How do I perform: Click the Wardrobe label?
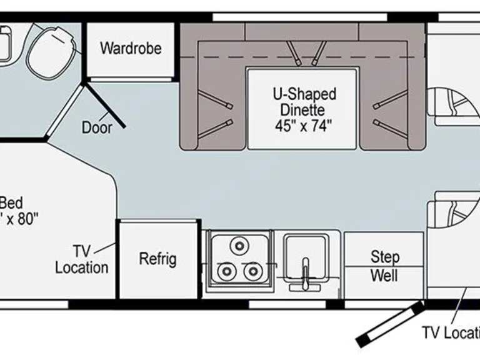pyautogui.click(x=131, y=48)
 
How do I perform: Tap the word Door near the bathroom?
pyautogui.click(x=97, y=127)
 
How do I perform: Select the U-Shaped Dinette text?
pyautogui.click(x=304, y=102)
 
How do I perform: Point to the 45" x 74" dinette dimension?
pyautogui.click(x=303, y=125)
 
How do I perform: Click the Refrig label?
pyautogui.click(x=157, y=259)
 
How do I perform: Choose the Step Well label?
pyautogui.click(x=384, y=266)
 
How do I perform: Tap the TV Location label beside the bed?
pyautogui.click(x=82, y=259)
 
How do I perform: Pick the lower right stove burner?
pyautogui.click(x=252, y=271)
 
